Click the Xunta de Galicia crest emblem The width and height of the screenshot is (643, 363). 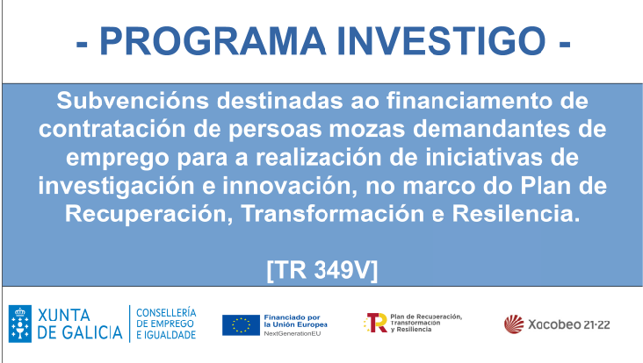[x=20, y=324]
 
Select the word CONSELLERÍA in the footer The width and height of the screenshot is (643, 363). [x=167, y=312]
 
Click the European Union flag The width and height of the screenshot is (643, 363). [x=241, y=324]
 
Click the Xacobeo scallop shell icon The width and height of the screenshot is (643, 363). [x=514, y=324]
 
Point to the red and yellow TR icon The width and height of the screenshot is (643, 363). [x=375, y=323]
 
